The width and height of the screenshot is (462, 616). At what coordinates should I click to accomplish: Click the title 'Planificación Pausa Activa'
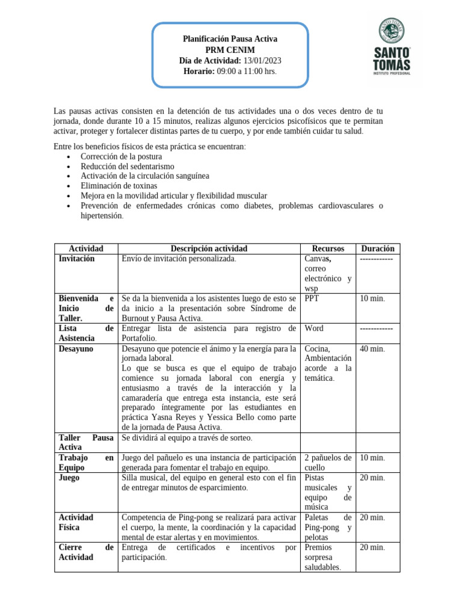tap(230, 39)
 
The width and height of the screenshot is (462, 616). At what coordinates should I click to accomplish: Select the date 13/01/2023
tap(262, 61)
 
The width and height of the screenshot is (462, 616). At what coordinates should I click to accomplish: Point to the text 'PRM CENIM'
tap(230, 50)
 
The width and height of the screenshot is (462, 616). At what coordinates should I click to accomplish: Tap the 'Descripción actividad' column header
tap(208, 248)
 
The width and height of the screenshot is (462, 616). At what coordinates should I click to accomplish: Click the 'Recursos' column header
tap(328, 248)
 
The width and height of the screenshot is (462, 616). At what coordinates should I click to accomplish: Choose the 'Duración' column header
tap(377, 248)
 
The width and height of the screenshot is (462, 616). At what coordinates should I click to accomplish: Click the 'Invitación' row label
tap(76, 259)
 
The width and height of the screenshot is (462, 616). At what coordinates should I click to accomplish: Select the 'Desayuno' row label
tap(76, 349)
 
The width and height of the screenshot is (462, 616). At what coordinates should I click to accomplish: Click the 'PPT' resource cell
tap(312, 298)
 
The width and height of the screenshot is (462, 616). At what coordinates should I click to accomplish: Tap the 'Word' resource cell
tap(314, 328)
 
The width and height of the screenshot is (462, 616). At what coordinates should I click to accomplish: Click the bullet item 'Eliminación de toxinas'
tap(119, 186)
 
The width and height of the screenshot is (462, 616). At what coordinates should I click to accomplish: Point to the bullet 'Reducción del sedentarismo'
tap(127, 166)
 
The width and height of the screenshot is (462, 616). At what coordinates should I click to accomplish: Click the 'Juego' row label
tap(70, 478)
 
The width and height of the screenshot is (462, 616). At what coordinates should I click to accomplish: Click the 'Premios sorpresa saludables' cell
tap(323, 557)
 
